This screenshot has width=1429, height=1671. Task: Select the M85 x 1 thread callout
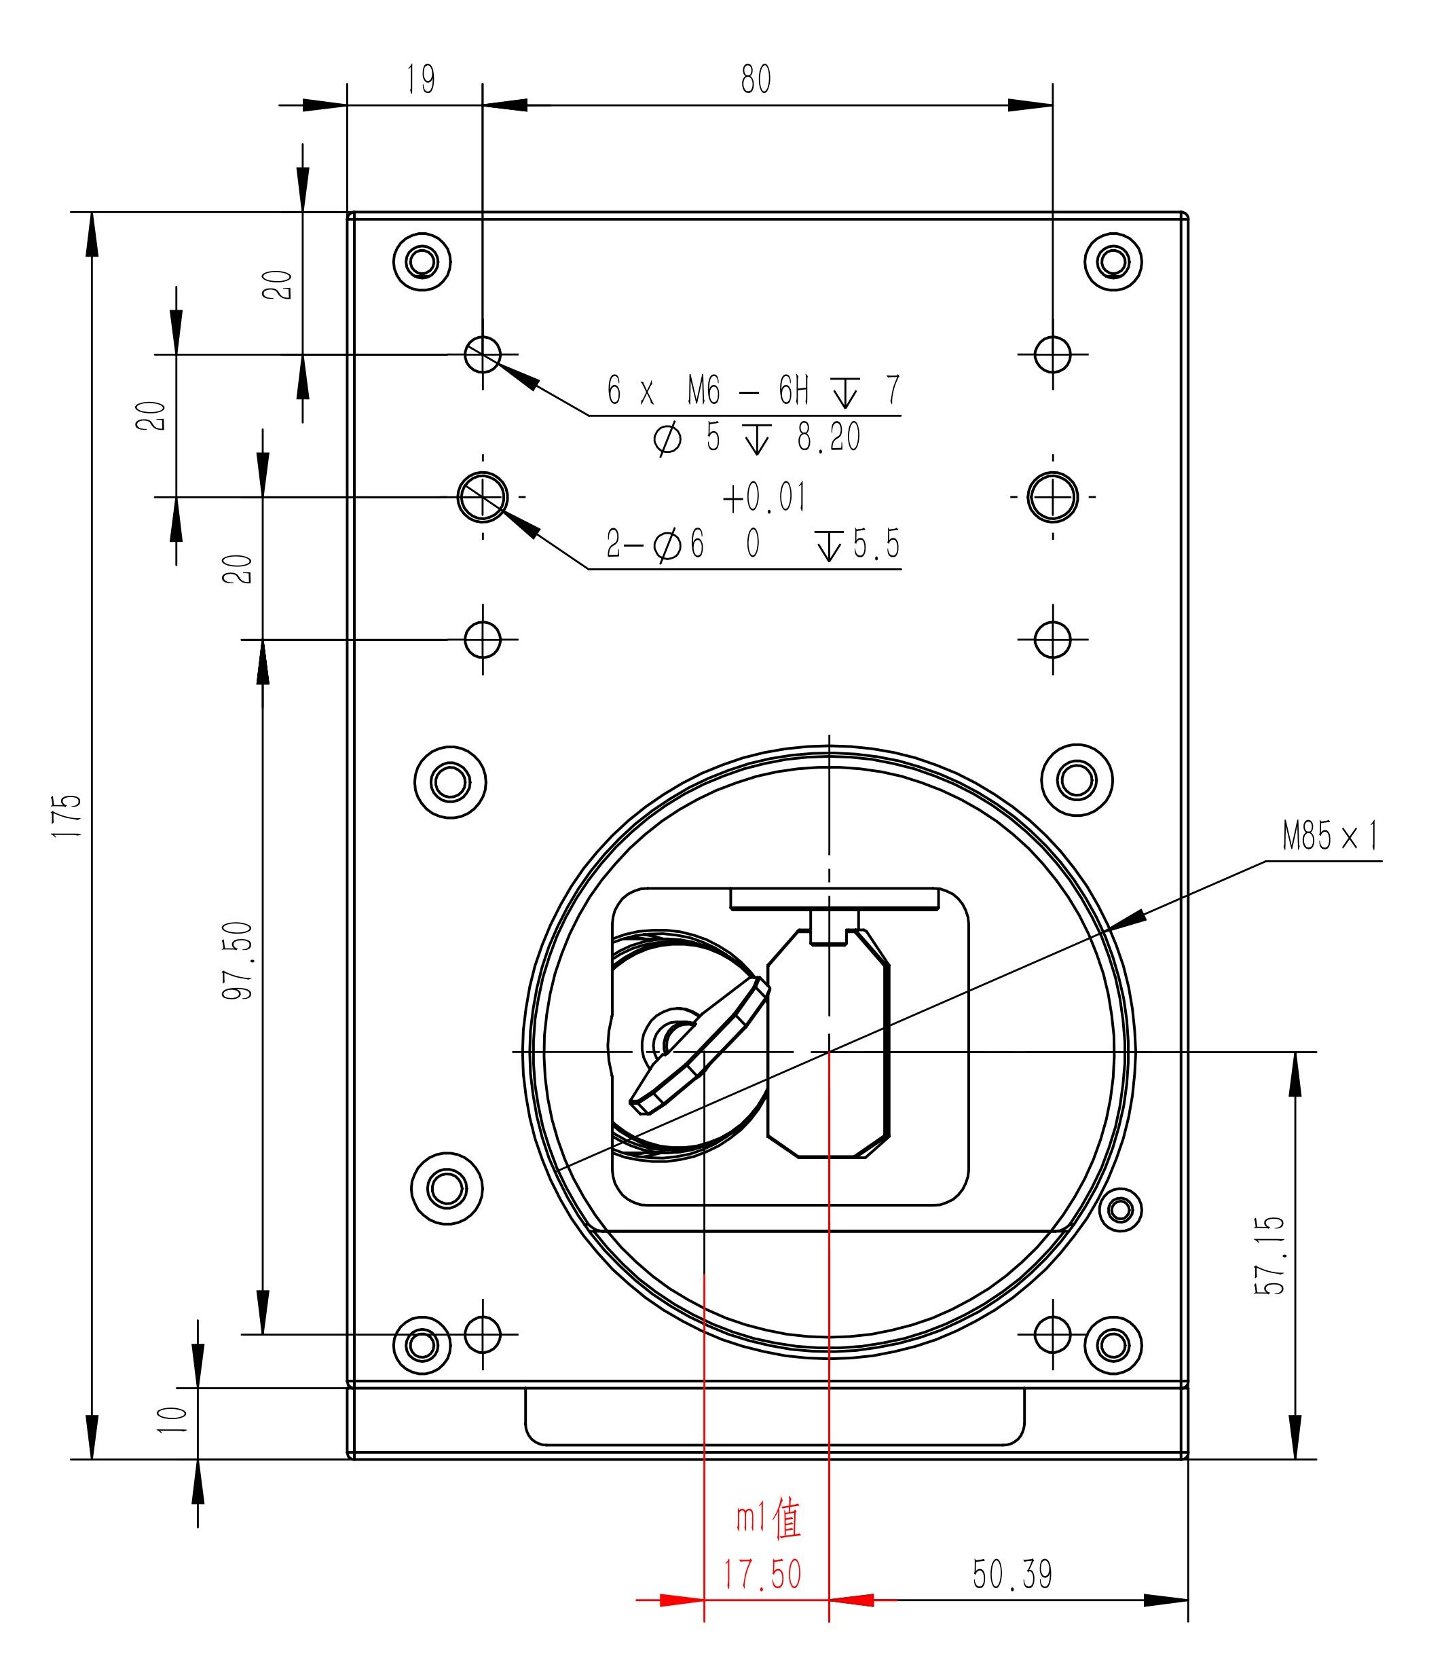(x=1330, y=837)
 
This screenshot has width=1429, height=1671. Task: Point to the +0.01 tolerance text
(x=764, y=498)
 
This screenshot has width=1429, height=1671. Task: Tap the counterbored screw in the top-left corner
(x=422, y=262)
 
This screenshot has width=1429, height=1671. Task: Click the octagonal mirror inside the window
(x=828, y=1044)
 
